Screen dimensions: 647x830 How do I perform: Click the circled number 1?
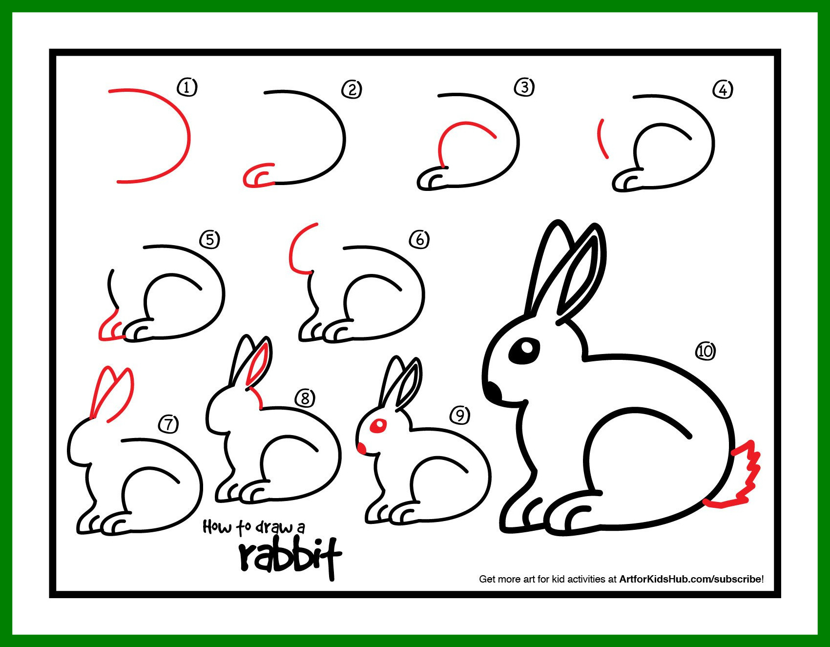(187, 87)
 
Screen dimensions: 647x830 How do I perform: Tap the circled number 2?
(352, 89)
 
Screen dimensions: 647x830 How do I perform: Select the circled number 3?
(524, 87)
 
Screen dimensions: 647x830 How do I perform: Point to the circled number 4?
(723, 90)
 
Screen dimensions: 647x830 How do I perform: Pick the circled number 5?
(209, 239)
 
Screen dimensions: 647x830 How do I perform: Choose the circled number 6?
(419, 239)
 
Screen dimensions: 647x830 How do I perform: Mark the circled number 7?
(169, 424)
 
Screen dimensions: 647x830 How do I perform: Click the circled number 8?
(305, 398)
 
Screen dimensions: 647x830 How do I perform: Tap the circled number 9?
(460, 415)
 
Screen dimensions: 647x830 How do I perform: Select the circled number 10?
(705, 351)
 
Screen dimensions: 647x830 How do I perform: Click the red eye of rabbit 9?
(378, 425)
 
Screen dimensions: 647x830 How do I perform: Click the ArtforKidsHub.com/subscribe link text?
(690, 579)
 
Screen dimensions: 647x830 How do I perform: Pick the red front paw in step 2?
(257, 176)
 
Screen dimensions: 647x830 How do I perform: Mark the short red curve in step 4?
(601, 138)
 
